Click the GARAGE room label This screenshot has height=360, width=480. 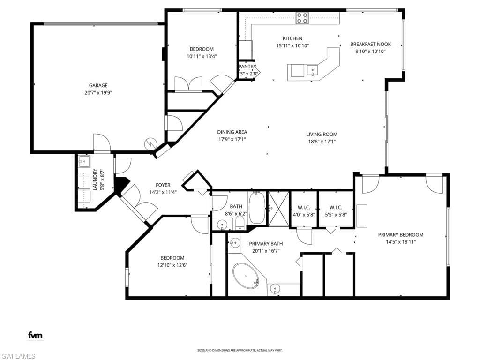point(98,85)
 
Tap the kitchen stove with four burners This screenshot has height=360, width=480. point(302,18)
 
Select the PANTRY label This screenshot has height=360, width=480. point(247,67)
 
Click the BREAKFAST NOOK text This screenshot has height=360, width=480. point(370,44)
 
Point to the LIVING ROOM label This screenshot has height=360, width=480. point(322,134)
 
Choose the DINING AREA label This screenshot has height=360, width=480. point(232,132)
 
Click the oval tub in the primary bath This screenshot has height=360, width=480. point(246,276)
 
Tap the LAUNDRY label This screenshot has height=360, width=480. point(95,180)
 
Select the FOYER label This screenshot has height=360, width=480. point(163,185)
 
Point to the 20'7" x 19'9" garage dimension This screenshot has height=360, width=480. point(98,93)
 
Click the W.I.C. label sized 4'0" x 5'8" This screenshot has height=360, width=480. point(304,207)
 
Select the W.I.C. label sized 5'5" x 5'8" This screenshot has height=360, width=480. point(336,207)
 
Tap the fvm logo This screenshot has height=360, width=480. point(35,335)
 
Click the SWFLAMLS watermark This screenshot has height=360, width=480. point(18,356)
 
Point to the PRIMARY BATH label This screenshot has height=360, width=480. point(266,243)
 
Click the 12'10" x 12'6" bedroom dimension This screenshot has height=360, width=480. point(172,265)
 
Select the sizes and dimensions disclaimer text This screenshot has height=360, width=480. point(240,350)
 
